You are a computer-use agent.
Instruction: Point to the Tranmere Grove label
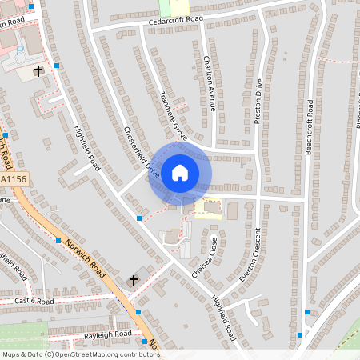[173, 115]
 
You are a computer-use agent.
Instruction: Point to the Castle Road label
[34, 302]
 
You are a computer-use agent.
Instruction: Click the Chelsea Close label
[204, 257]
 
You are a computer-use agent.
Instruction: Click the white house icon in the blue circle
[180, 172]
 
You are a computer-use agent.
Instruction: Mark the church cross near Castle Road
[134, 281]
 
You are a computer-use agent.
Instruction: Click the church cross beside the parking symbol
[38, 71]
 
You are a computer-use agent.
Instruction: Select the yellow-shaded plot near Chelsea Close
[210, 208]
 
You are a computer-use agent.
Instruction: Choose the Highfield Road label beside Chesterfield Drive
[86, 149]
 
